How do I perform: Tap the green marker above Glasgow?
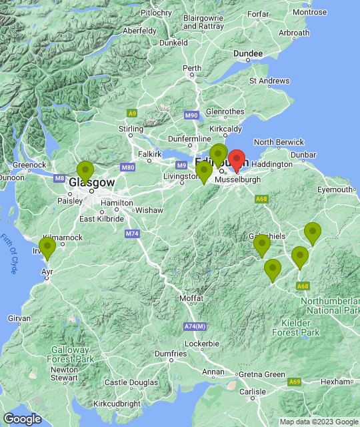pos(85,171)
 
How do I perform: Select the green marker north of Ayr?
pos(47,248)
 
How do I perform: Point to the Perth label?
pos(192,68)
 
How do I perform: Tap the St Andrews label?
pos(269,81)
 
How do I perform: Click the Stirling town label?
pos(131,129)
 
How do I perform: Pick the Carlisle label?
pos(253,391)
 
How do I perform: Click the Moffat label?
pos(193,298)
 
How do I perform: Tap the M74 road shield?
pos(131,234)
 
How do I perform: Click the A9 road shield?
pos(133,113)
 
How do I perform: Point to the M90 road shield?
pos(191,115)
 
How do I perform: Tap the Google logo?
pos(22,418)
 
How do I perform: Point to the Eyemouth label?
pos(335,189)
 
